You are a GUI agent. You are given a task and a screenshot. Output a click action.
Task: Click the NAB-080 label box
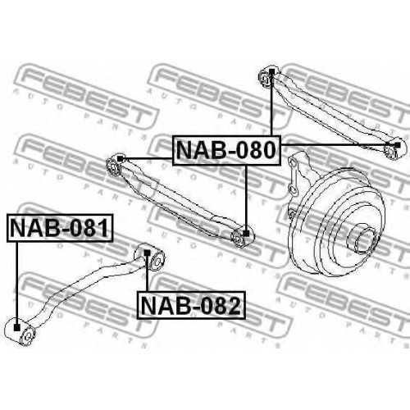(226, 150)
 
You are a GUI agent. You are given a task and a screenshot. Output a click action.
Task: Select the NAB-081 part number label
(60, 228)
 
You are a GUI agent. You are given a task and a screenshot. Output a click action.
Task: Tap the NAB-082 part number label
(191, 306)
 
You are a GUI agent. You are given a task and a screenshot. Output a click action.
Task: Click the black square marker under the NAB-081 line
(17, 327)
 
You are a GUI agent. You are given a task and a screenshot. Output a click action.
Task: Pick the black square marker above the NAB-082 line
(147, 253)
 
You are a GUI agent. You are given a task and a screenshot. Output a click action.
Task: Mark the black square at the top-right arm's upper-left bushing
(271, 72)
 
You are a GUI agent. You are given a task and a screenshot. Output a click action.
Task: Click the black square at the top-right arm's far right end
(398, 144)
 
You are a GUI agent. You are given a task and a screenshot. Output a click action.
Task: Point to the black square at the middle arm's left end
(120, 158)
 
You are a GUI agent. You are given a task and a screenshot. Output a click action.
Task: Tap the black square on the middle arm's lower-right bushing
(246, 234)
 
